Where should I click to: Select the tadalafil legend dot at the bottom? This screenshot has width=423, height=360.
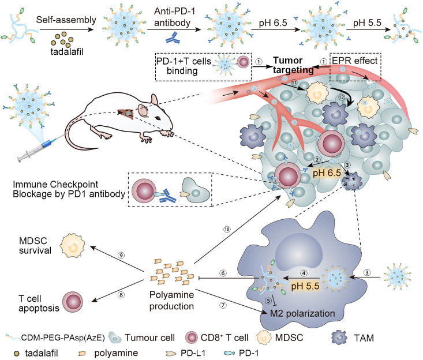coord(9,351)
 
